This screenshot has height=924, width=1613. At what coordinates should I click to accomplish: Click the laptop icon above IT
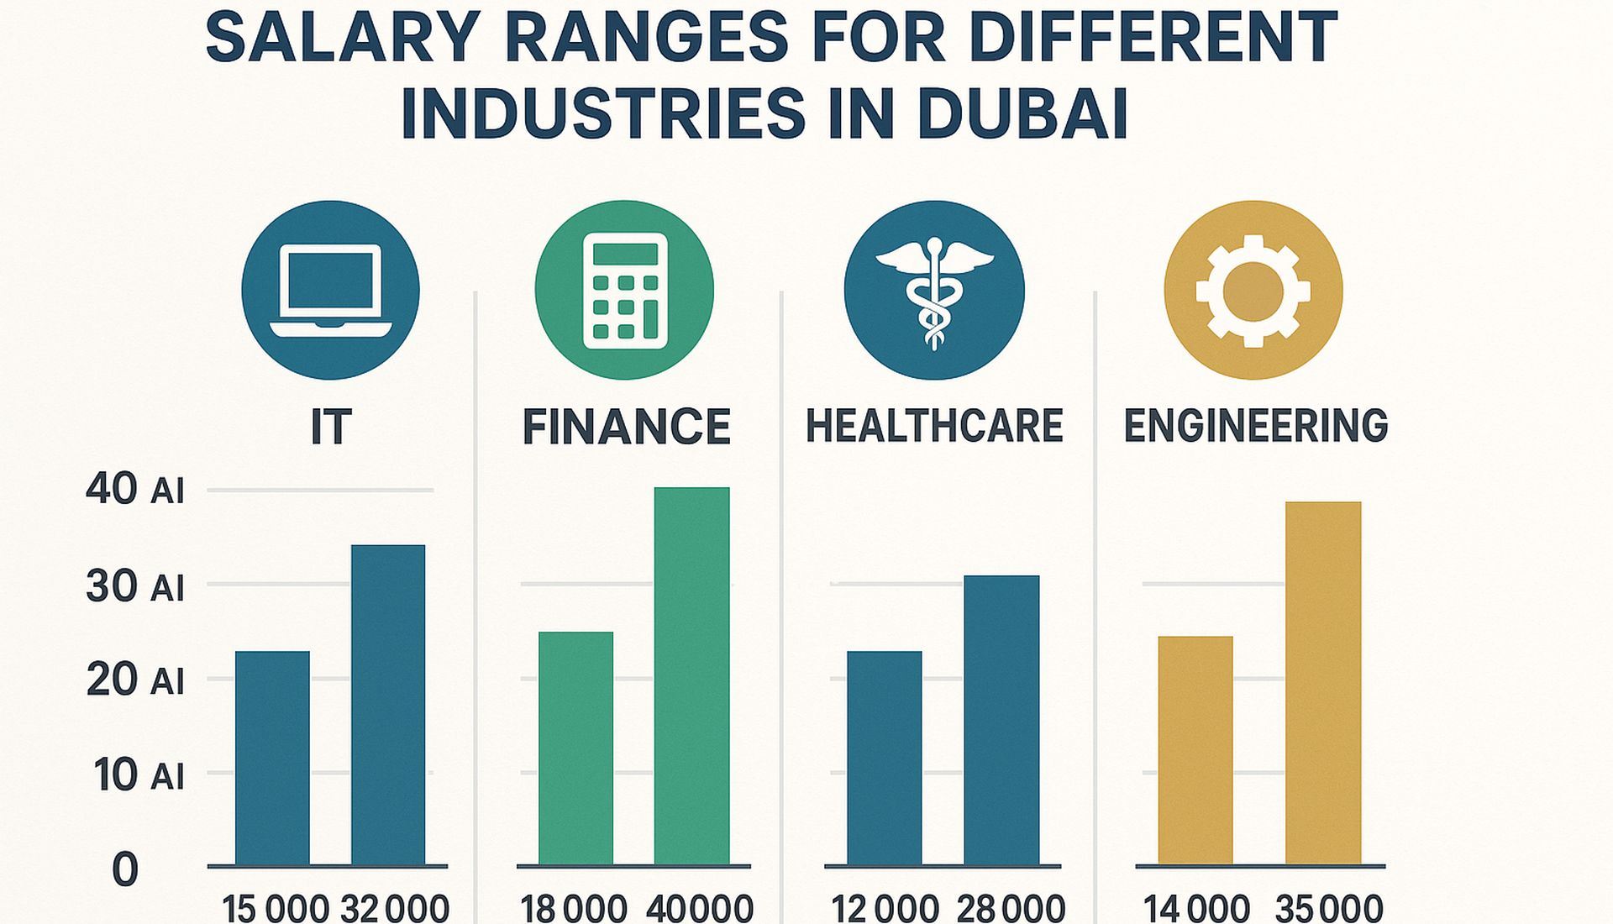pos(330,290)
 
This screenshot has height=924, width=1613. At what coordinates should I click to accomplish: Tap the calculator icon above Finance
pos(624,290)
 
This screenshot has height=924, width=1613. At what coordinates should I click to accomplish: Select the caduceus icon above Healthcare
pos(934,290)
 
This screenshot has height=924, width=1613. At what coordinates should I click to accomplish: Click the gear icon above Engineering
pos(1253,290)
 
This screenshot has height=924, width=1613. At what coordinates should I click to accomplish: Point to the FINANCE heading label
pos(626,427)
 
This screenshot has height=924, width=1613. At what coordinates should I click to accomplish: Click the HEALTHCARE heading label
pos(934,426)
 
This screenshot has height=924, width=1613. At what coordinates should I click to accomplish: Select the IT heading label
pos(331,427)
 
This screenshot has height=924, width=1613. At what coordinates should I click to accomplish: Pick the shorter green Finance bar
pos(575,748)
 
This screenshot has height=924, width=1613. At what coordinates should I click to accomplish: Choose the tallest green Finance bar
pos(691,675)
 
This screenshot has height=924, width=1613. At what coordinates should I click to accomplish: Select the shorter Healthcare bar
pos(884,758)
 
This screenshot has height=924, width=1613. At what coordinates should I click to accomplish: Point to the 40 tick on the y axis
pos(112,489)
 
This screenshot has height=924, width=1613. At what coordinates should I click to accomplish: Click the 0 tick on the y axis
pos(124,870)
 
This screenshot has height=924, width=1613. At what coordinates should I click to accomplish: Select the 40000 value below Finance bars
pos(699,909)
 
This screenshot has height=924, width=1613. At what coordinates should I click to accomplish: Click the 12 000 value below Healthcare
pos(884,909)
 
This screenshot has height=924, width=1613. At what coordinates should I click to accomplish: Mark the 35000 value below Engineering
pos(1328,909)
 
